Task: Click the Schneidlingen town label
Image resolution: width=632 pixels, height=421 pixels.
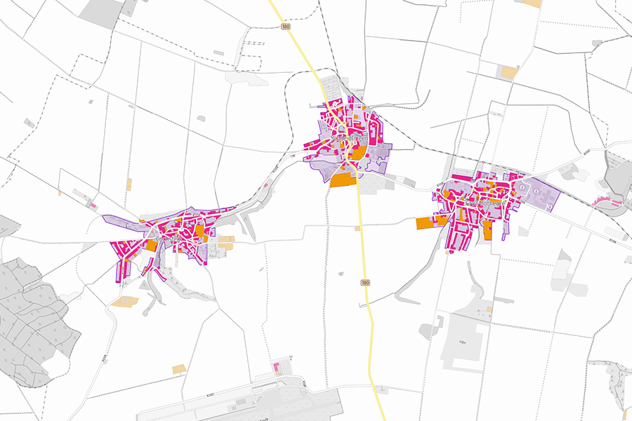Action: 339,139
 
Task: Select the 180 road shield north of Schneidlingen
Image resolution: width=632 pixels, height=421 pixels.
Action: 284,27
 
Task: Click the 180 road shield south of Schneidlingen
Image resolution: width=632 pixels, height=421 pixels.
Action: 365,282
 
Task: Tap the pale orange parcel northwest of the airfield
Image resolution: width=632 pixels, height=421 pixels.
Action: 180,368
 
